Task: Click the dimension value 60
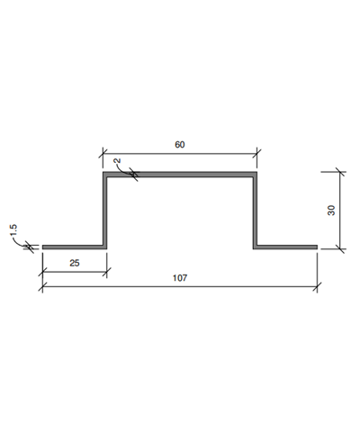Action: click(x=180, y=145)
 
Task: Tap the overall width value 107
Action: click(x=180, y=277)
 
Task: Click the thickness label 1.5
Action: click(x=15, y=233)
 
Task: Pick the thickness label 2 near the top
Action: click(x=118, y=163)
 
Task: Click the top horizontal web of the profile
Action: click(x=180, y=175)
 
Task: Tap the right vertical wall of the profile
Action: click(x=255, y=211)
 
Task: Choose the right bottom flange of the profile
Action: click(x=286, y=246)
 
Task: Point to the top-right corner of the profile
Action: click(x=255, y=175)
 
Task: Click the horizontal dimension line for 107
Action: click(x=180, y=287)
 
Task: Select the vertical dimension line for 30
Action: click(x=339, y=209)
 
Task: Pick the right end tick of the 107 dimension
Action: click(x=318, y=287)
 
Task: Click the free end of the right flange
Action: click(x=317, y=246)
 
